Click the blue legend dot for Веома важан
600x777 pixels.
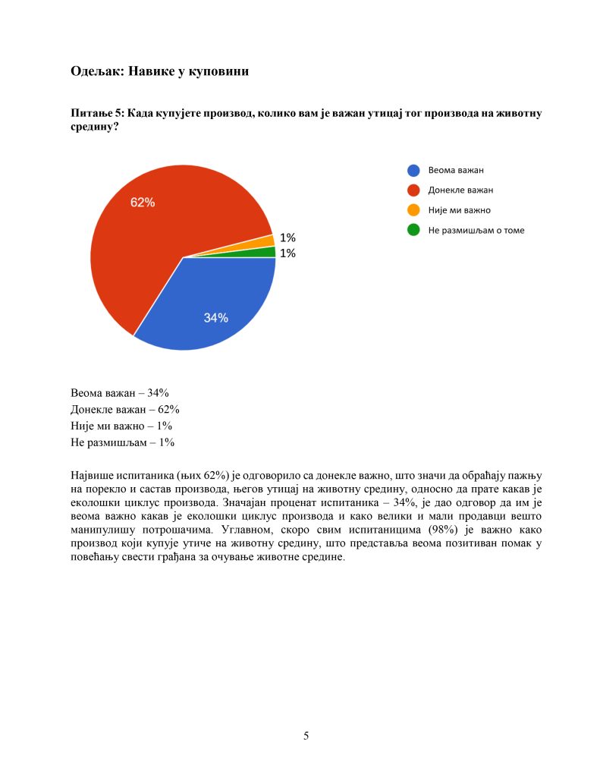point(413,171)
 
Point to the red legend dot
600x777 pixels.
point(413,190)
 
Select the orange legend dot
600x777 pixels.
point(413,210)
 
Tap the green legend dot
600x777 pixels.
point(413,230)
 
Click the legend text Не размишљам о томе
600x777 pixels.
point(476,230)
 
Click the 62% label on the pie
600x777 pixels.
point(143,203)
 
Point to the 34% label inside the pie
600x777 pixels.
point(215,318)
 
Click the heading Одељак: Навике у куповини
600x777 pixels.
point(160,72)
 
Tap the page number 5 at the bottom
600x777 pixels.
point(306,735)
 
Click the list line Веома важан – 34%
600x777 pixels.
point(119,393)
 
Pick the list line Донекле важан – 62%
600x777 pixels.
point(124,410)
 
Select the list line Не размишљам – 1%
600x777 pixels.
point(123,442)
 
